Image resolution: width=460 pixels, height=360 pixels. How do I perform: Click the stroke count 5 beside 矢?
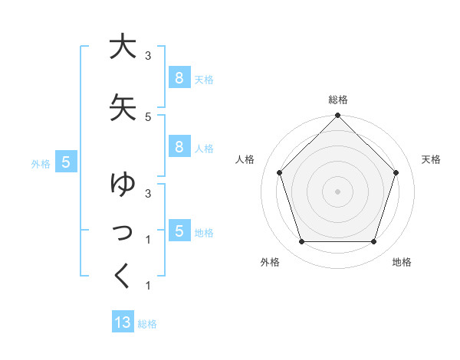coord(148,116)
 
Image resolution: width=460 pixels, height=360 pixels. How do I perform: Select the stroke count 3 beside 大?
coord(148,56)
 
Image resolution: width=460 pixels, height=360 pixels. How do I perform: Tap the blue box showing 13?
coord(123,322)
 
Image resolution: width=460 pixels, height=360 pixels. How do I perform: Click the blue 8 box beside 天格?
coord(179,77)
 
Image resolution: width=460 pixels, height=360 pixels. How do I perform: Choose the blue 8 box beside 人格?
coord(179,147)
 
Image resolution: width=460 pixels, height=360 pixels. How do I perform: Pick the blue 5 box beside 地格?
coord(179,231)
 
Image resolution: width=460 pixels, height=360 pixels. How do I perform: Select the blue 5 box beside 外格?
coord(67,162)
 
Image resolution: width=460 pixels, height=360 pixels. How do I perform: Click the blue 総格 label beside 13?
coord(147,324)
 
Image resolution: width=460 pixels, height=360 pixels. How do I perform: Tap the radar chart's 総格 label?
coord(337,100)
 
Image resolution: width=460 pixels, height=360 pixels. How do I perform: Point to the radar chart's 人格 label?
coord(245,159)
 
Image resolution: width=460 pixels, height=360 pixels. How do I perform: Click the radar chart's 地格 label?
coord(402,262)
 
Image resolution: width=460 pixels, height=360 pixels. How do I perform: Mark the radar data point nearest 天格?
coord(396,172)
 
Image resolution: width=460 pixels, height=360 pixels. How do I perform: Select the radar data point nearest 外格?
coord(301,242)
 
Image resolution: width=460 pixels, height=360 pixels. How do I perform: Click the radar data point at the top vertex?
coord(337,116)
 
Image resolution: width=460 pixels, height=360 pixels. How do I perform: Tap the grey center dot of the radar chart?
coord(337,191)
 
